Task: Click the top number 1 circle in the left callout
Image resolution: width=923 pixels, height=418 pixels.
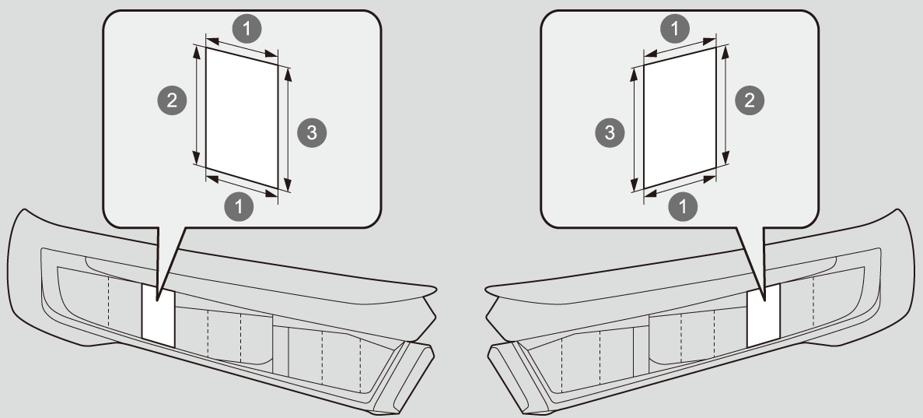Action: [x=247, y=28]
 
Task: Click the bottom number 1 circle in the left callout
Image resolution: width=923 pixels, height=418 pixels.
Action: [x=239, y=206]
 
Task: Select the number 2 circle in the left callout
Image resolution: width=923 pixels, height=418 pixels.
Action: [x=172, y=100]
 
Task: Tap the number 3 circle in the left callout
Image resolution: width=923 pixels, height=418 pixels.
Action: [x=311, y=132]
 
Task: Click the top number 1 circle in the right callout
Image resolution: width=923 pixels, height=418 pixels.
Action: [x=675, y=28]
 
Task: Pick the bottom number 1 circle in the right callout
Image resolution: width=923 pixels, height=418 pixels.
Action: [x=683, y=206]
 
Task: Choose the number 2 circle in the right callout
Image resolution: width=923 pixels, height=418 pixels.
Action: [x=750, y=100]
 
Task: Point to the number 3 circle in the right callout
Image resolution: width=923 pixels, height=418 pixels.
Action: [x=610, y=132]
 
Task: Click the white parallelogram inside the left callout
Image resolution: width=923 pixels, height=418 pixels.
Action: [x=241, y=118]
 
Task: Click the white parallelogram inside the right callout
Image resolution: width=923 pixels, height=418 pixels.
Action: [x=680, y=118]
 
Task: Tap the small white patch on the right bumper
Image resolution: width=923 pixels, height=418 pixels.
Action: [x=764, y=315]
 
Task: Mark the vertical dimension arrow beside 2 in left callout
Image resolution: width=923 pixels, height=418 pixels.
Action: [x=196, y=105]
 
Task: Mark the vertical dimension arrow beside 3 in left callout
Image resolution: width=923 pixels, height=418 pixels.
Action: [x=288, y=128]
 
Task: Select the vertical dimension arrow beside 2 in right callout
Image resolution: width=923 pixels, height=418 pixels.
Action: [x=725, y=105]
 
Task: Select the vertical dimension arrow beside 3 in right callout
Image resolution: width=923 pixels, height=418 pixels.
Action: [x=634, y=128]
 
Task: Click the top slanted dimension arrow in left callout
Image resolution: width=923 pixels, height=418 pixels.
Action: [x=242, y=47]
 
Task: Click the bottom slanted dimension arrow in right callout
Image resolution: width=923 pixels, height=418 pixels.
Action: [x=680, y=186]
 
